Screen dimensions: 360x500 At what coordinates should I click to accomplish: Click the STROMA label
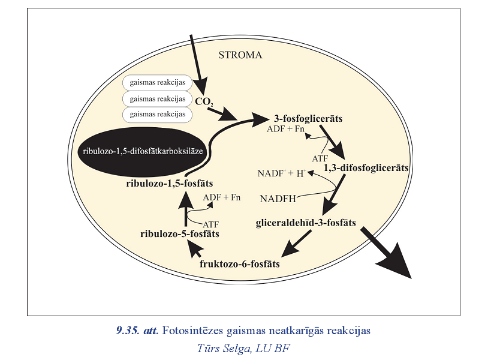click(240, 55)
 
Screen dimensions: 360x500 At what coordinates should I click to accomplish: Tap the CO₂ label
click(203, 101)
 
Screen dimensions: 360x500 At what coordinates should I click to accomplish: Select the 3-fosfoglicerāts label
click(308, 119)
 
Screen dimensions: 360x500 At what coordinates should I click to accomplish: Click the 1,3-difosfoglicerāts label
click(366, 168)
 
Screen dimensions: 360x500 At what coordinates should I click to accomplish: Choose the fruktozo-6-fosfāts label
click(239, 263)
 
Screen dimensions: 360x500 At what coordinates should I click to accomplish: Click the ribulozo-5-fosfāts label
click(179, 233)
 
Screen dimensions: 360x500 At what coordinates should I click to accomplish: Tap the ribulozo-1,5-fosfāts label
click(170, 182)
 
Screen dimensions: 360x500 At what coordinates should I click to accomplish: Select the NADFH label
click(280, 198)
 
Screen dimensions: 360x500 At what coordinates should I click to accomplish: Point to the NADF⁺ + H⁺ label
click(282, 173)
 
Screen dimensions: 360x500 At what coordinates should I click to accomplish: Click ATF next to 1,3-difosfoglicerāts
click(319, 158)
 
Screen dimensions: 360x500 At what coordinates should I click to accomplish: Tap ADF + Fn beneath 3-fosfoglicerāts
click(287, 130)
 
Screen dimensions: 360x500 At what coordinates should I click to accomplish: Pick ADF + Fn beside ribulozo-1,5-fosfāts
click(222, 197)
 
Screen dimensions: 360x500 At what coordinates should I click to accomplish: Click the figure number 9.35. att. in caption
click(137, 330)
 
